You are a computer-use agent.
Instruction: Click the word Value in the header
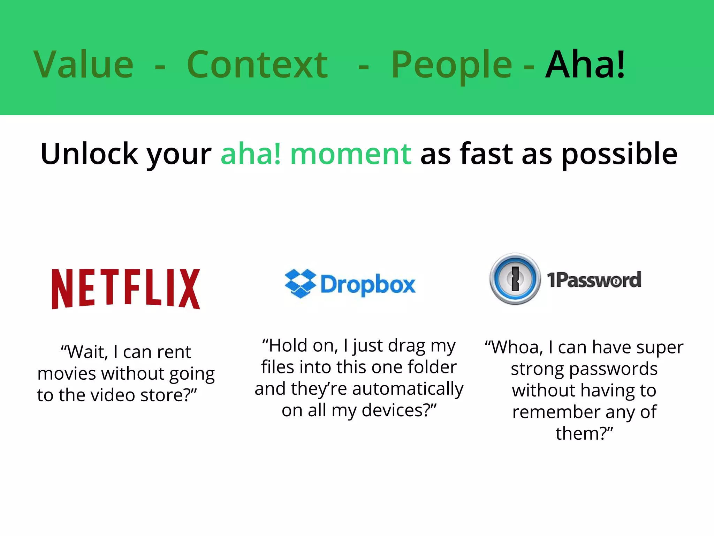click(84, 65)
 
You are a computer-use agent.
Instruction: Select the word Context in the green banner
click(257, 65)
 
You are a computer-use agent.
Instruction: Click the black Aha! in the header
click(585, 65)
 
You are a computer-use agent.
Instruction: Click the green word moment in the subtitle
click(351, 154)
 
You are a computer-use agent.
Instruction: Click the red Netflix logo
click(126, 289)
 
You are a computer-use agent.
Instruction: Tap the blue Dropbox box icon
click(300, 283)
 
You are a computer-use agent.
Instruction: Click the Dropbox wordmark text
click(368, 285)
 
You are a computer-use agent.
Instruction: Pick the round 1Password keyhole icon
click(515, 279)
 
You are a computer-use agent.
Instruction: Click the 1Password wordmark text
click(594, 280)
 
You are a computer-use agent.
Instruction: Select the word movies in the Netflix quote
click(67, 374)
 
